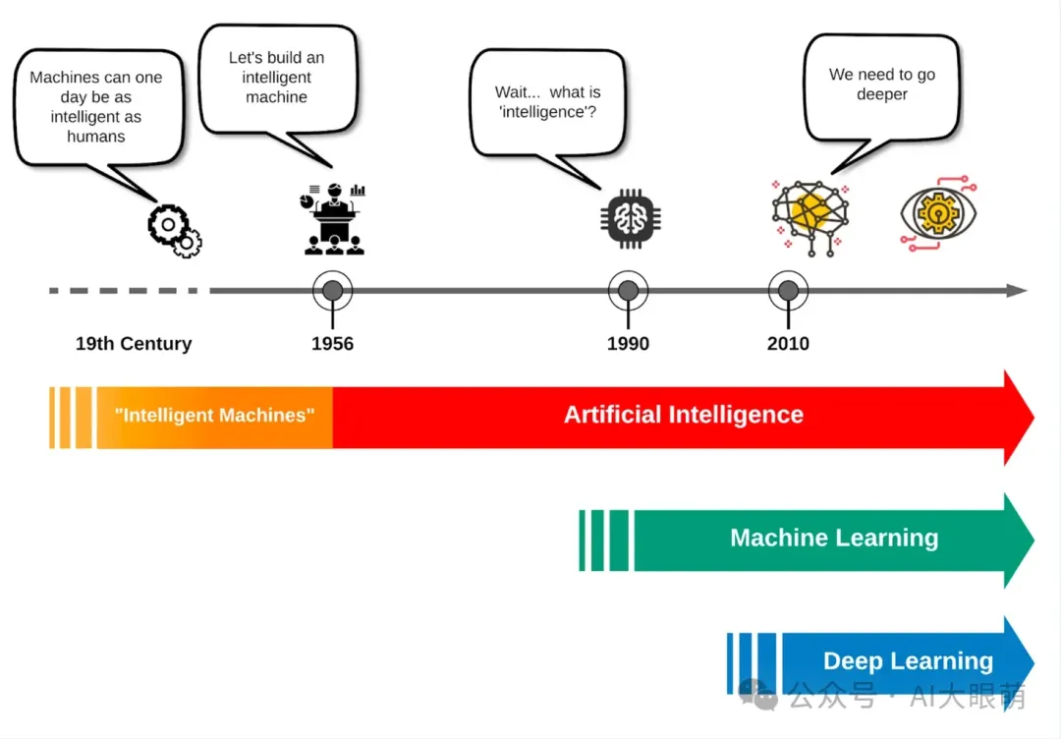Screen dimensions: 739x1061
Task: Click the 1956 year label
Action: (x=332, y=344)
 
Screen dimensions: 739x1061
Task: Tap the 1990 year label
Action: (x=628, y=344)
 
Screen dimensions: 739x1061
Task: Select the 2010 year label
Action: (x=788, y=344)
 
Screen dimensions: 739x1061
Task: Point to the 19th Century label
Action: (x=134, y=344)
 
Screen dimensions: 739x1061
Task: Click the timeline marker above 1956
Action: (x=333, y=291)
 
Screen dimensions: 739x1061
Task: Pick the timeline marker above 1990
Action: (x=628, y=291)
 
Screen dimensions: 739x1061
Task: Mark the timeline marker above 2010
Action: (x=788, y=291)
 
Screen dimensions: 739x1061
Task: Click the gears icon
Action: (x=175, y=231)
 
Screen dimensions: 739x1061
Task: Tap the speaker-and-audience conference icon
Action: (x=334, y=219)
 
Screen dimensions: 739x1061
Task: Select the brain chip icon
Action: (x=628, y=216)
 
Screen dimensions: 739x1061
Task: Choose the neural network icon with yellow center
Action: (x=810, y=216)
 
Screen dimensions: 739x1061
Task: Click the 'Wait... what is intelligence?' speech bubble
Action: (x=547, y=102)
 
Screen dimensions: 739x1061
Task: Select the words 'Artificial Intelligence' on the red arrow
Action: (x=683, y=415)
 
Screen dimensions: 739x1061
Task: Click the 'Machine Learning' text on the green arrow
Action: (x=834, y=539)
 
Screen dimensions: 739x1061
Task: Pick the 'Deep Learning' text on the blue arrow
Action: (x=908, y=661)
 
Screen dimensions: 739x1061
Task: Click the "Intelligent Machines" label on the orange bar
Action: (x=214, y=416)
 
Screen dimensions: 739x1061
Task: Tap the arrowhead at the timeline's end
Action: (x=1018, y=291)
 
